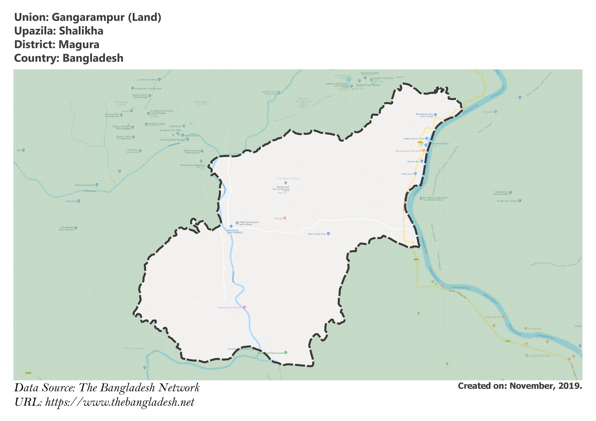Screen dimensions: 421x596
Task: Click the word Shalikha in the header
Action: click(x=81, y=31)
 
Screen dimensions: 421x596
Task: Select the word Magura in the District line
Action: click(x=79, y=45)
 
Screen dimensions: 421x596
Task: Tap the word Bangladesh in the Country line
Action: click(x=93, y=58)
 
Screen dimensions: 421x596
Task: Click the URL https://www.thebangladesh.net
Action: click(x=120, y=402)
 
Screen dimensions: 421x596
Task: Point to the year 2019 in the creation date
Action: click(x=570, y=386)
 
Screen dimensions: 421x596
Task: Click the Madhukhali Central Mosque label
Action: click(x=281, y=188)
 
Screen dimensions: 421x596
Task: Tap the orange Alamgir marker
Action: click(x=285, y=218)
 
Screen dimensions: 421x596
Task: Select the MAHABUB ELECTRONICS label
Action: click(x=235, y=231)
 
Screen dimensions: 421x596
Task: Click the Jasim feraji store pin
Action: click(x=328, y=233)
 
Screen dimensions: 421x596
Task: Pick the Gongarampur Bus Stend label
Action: click(x=408, y=151)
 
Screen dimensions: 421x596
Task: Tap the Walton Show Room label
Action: click(x=414, y=139)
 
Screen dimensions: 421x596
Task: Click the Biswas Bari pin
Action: click(x=421, y=161)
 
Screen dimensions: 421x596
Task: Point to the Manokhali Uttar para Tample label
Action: click(x=425, y=115)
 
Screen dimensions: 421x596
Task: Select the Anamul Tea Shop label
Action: click(x=148, y=80)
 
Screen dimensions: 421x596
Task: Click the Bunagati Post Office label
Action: click(x=171, y=130)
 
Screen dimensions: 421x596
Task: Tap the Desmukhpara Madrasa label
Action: click(x=192, y=165)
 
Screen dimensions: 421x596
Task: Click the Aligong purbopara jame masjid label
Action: click(x=249, y=223)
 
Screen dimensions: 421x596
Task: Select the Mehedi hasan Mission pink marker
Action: click(x=244, y=307)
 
